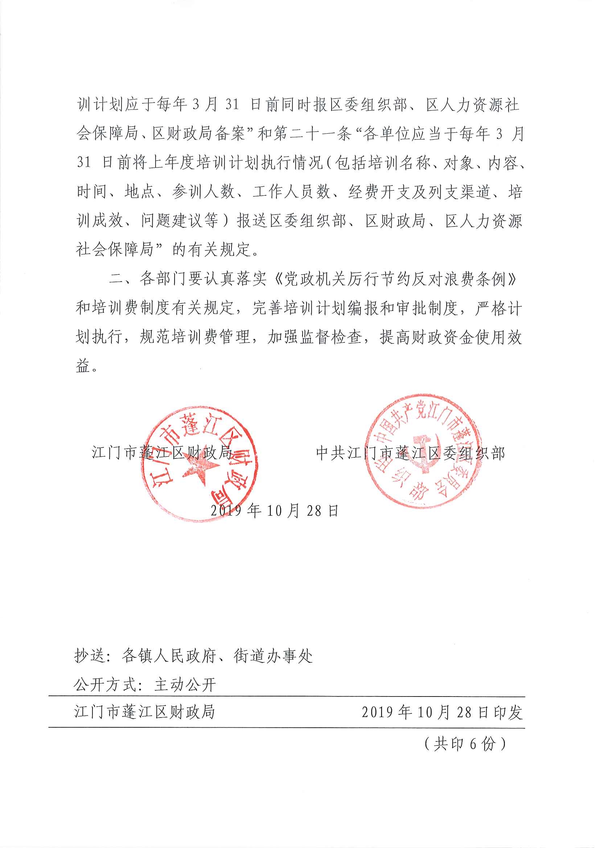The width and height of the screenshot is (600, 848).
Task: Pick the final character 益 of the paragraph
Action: click(83, 366)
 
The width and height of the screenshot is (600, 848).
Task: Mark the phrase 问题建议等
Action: click(180, 221)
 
